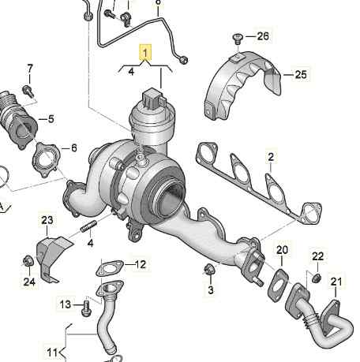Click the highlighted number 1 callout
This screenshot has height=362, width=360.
click(x=144, y=53)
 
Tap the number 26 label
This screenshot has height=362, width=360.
click(x=262, y=36)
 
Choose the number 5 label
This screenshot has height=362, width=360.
click(x=51, y=119)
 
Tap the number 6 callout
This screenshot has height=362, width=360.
click(x=73, y=147)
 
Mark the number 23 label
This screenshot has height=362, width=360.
click(x=47, y=220)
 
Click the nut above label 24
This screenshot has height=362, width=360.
click(x=26, y=260)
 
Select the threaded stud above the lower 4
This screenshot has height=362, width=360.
click(x=88, y=230)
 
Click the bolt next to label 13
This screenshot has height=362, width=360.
click(x=84, y=304)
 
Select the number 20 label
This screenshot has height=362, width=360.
click(x=282, y=251)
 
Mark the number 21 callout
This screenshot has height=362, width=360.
click(x=337, y=282)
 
